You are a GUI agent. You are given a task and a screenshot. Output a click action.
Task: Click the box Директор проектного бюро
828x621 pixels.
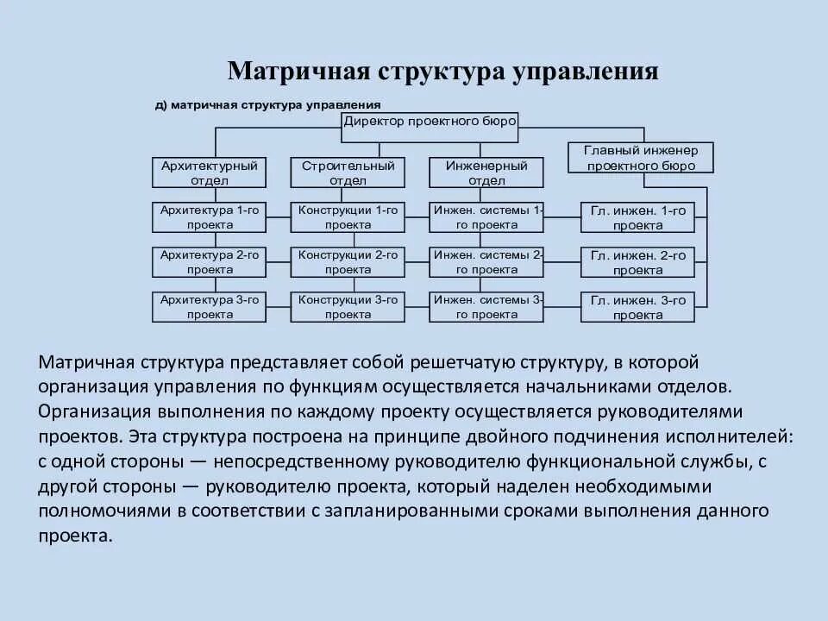(430, 122)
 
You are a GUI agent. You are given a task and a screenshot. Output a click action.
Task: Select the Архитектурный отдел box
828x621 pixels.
(209, 172)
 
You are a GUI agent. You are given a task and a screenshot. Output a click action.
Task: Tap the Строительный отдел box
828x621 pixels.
(348, 172)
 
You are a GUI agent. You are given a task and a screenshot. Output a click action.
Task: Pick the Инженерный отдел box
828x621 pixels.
(486, 172)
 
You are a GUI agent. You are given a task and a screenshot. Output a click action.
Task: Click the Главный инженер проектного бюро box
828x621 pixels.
(641, 158)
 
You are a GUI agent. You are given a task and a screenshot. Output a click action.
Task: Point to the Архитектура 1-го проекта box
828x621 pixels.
(209, 217)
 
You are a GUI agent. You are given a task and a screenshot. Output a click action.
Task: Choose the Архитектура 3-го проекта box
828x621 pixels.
(209, 307)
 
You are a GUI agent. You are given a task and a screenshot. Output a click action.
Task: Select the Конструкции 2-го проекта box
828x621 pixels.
(348, 262)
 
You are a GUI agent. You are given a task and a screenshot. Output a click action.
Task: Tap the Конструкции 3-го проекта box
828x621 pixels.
(348, 307)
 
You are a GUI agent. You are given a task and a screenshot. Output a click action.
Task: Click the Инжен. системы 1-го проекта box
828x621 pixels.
(486, 217)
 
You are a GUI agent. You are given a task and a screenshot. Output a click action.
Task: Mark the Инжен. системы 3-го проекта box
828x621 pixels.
(486, 307)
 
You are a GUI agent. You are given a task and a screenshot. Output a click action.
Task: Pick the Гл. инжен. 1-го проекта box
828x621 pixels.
(637, 218)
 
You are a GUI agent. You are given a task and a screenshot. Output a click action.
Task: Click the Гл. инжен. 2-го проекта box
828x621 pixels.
(637, 263)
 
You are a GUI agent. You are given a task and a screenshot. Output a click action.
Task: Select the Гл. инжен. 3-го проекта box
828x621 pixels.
(637, 308)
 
